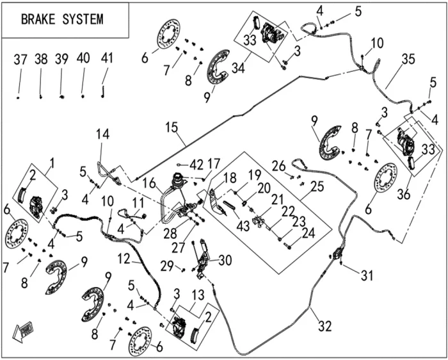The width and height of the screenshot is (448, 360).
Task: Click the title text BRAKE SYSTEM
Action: pos(62,19)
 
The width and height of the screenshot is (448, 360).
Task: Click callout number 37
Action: pos(20,60)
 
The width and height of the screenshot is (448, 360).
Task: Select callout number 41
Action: pos(107,58)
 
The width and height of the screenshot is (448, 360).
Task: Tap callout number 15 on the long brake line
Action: pos(172,127)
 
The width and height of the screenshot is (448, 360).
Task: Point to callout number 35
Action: pos(408,60)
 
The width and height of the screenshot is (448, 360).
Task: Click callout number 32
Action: pos(324,326)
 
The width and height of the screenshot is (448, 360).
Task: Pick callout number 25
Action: pos(317,186)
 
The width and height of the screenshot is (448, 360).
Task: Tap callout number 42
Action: pos(196,165)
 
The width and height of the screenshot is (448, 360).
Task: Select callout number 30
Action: pos(225,260)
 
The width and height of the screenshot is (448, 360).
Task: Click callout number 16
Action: pos(150,183)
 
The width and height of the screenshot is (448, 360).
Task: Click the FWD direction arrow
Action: pos(23,331)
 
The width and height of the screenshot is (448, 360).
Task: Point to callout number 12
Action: pos(124,259)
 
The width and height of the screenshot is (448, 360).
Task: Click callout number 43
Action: pos(243,225)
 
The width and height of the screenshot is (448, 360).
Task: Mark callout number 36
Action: pos(404,194)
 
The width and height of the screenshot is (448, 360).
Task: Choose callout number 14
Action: pos(102,134)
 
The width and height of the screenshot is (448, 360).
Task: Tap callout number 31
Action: pos(367,275)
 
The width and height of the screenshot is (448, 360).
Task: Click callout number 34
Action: pos(238,68)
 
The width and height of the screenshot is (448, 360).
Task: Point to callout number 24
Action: pos(308,233)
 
